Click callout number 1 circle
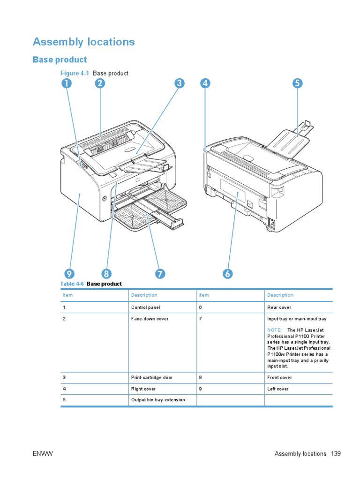coord(66,84)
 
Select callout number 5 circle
coord(297,84)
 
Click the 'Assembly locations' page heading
coord(83,42)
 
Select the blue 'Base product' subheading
coord(60,60)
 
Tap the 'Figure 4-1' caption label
coord(75,74)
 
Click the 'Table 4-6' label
coord(72,284)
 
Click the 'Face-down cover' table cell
coord(150,319)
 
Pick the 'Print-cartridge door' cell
coord(152,378)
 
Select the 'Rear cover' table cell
coord(279,307)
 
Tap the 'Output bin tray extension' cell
coord(158,400)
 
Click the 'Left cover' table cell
coord(278,389)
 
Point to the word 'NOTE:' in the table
coord(275,330)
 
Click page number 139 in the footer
coord(335,454)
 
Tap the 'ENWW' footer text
coord(41,454)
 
